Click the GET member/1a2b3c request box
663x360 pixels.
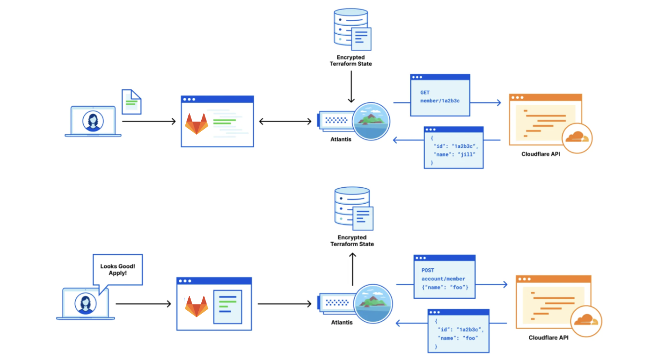[x=440, y=95]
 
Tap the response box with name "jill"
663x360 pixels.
[x=454, y=148]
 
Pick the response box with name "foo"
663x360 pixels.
[x=458, y=330]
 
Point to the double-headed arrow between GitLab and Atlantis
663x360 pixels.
[x=285, y=121]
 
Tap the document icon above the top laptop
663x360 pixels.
[x=131, y=101]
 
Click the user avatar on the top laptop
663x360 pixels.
[x=93, y=121]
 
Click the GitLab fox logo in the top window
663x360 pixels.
[x=196, y=124]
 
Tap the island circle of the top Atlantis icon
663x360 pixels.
[x=371, y=121]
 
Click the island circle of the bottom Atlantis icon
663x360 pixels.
[x=373, y=304]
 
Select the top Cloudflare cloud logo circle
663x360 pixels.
[x=577, y=138]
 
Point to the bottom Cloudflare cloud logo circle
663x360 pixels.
[x=586, y=320]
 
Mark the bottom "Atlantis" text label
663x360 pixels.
[x=341, y=322]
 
